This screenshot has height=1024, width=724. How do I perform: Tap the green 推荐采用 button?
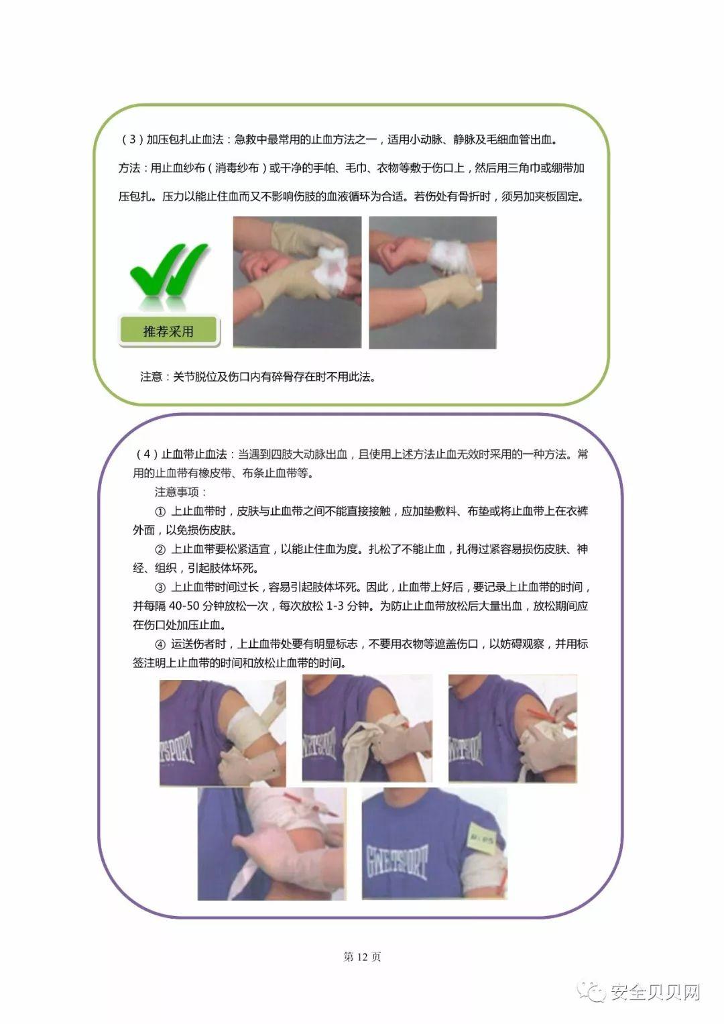point(168,331)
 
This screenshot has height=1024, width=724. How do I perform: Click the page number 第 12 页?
point(362,957)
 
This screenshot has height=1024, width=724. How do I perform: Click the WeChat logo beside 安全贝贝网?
point(593,992)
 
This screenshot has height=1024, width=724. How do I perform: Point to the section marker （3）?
point(132,139)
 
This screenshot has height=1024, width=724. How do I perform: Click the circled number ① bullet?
point(160,512)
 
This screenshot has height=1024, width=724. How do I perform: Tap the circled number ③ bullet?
point(160,587)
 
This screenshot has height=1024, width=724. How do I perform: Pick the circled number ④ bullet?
point(160,644)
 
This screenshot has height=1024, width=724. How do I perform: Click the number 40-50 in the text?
point(188,606)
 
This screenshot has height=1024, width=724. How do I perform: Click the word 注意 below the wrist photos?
point(152,377)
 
